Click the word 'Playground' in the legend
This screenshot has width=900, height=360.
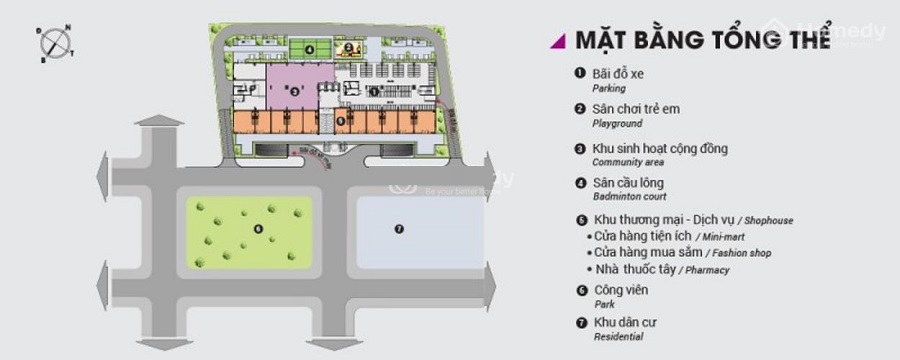[617, 124]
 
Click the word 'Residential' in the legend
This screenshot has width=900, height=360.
[618, 337]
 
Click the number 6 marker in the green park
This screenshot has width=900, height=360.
[258, 228]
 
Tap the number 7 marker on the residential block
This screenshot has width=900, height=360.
[398, 228]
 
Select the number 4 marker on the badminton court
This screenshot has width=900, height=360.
[310, 48]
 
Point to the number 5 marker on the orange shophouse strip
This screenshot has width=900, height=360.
[342, 120]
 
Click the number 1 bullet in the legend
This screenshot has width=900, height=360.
[579, 73]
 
